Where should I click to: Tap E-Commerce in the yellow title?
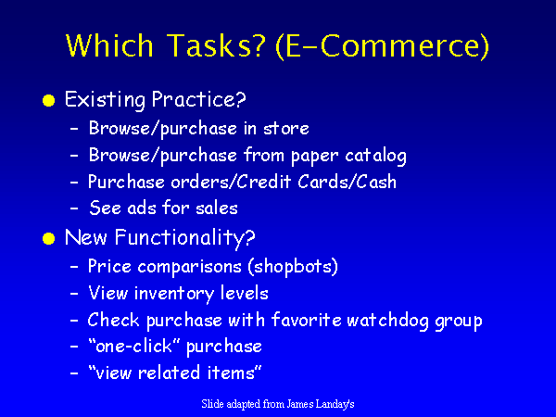click(x=383, y=46)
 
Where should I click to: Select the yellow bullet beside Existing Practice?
click(x=48, y=101)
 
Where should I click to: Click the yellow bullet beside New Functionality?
click(x=48, y=239)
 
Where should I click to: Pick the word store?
click(x=286, y=129)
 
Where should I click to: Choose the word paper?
click(x=314, y=157)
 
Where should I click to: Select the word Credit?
click(x=263, y=182)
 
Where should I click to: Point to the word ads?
click(x=142, y=208)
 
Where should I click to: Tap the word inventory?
click(x=174, y=294)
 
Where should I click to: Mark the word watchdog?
click(x=387, y=321)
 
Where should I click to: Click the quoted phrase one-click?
click(x=135, y=346)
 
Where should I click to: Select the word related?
click(x=169, y=373)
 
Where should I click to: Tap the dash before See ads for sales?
click(x=74, y=208)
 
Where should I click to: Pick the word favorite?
click(x=307, y=320)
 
